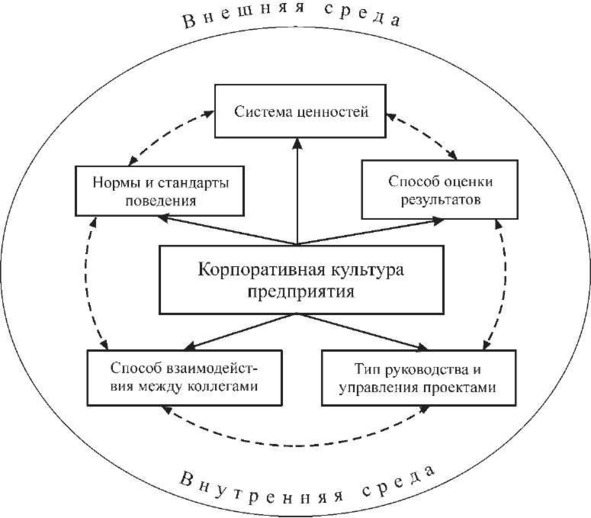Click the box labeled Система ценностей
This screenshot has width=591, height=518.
coord(300,111)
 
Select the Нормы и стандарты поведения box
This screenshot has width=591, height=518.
coord(160,191)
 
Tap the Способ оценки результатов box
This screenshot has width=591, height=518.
coord(439,190)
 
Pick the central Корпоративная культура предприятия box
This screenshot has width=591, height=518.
coord(301,280)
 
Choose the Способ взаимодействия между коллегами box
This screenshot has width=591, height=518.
coord(185,378)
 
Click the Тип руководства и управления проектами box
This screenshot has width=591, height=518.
coord(418,378)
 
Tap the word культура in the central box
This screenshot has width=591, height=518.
coord(367,270)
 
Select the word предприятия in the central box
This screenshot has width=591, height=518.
coord(301,292)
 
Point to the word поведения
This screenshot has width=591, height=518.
coord(161,201)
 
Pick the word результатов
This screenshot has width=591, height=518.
coord(441,199)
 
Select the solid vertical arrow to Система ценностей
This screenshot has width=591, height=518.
coord(298,192)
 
